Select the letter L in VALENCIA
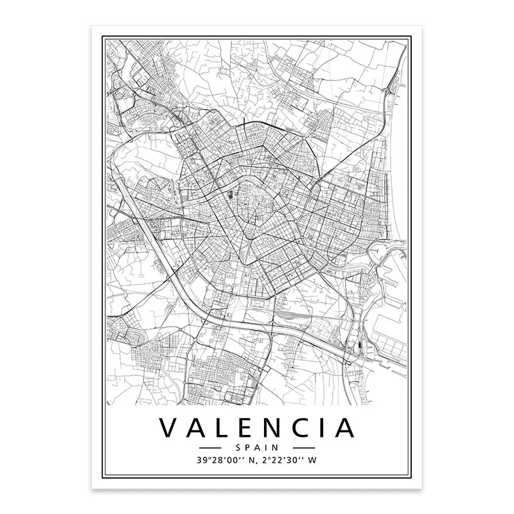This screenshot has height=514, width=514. pos(226,428)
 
